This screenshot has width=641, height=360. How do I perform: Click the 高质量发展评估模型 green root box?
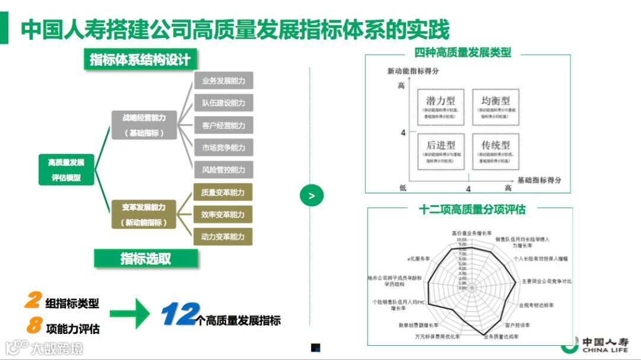(x=66, y=170)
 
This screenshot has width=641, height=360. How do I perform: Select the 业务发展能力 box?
(x=223, y=81)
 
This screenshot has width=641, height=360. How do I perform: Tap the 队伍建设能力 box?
(x=223, y=103)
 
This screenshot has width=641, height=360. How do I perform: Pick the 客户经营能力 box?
(x=223, y=125)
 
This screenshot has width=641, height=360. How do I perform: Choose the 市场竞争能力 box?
(x=223, y=147)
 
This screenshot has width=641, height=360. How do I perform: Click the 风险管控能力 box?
(x=223, y=170)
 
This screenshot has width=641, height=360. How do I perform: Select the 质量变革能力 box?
(x=223, y=192)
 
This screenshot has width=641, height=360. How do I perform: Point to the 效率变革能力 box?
(x=223, y=214)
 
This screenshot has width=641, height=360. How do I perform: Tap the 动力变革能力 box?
(x=223, y=237)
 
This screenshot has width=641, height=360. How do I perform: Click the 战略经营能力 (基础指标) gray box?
(x=144, y=125)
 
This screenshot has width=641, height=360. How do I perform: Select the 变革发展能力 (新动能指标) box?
(x=144, y=215)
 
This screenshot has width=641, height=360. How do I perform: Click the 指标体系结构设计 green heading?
(x=140, y=60)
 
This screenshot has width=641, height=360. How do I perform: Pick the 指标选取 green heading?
(x=145, y=258)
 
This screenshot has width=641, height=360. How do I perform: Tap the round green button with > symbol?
(x=312, y=195)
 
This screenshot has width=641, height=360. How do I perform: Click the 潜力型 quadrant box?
(x=440, y=107)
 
